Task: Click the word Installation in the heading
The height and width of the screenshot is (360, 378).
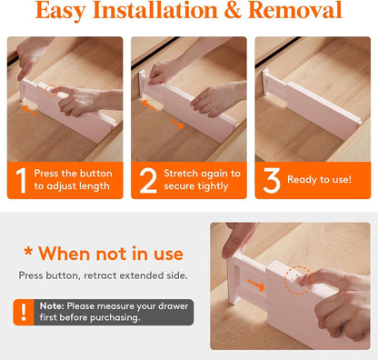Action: pos(155,10)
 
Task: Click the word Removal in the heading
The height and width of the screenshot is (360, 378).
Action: pos(295,10)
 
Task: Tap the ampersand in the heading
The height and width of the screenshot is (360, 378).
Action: pos(233,10)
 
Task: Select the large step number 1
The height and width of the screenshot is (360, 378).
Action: pos(21,181)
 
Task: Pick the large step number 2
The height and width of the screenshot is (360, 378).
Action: pos(148,181)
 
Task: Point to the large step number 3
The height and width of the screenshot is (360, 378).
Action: pos(272,181)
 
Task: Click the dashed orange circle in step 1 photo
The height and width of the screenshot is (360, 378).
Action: pos(52,91)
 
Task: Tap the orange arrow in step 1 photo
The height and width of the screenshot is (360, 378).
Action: pos(30,110)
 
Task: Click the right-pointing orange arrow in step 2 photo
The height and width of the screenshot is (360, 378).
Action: pos(176,124)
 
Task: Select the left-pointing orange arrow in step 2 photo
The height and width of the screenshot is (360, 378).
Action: pos(149,105)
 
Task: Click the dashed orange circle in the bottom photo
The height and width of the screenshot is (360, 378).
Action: pos(298,280)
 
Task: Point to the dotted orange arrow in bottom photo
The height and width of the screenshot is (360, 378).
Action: pos(256,285)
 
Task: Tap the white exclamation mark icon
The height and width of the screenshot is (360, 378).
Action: pos(24,312)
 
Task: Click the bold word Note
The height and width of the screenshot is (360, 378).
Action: pos(52,306)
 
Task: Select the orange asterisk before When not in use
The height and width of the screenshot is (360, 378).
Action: pos(28,251)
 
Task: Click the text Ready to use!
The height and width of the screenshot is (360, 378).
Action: pos(319,179)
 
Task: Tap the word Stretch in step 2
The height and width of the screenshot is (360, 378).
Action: pos(181,174)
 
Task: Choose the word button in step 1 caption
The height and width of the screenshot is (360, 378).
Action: pos(95,174)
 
